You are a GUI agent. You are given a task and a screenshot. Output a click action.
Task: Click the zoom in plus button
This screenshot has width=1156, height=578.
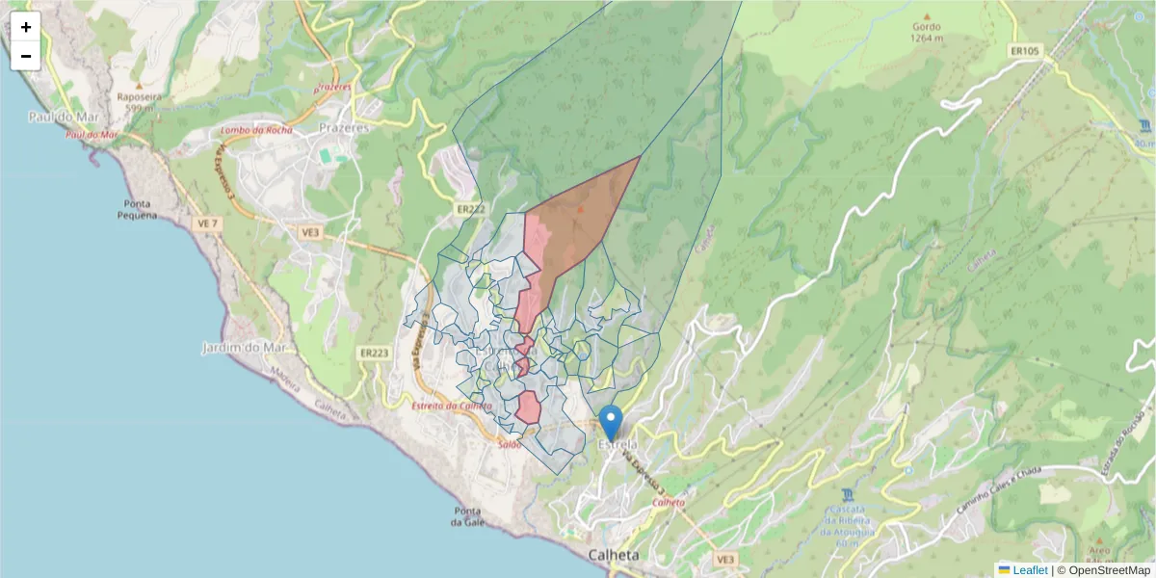click(26, 27)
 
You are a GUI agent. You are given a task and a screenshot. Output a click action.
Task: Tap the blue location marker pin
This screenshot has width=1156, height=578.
click(610, 422)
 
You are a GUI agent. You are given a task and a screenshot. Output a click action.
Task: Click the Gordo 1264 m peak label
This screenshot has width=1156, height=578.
click(927, 34)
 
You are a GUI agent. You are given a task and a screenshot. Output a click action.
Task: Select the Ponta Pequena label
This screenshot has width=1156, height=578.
click(140, 209)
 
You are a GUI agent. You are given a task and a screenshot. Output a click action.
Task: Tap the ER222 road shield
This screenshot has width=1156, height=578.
click(470, 208)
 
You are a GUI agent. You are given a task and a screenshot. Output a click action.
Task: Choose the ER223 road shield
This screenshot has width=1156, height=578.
click(374, 354)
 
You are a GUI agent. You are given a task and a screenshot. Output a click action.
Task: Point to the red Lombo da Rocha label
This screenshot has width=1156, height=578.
click(255, 130)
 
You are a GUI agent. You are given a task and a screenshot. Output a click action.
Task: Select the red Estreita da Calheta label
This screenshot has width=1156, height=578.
click(451, 407)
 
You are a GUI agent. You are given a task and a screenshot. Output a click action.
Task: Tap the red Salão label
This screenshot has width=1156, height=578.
click(510, 444)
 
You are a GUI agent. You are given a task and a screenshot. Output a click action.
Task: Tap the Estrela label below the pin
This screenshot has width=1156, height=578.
click(617, 445)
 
